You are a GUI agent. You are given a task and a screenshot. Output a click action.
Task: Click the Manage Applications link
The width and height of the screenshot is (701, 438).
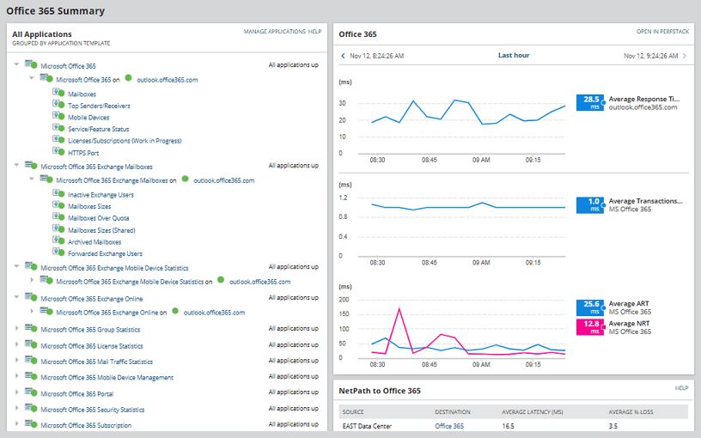[x=274, y=31]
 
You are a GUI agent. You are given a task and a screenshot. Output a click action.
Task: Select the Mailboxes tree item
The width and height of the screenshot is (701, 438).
[x=82, y=94]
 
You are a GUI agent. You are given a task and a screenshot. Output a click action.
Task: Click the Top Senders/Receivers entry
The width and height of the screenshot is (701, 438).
[x=99, y=106]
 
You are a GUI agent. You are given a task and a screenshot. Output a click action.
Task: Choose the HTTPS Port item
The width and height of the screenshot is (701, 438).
[x=83, y=152]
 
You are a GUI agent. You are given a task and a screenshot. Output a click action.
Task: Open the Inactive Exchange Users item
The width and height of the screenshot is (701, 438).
[x=101, y=195]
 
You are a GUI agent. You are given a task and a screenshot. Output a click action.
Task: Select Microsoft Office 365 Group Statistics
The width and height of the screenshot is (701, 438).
[x=90, y=330]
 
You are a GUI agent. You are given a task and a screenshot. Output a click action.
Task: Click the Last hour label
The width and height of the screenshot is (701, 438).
[x=514, y=56]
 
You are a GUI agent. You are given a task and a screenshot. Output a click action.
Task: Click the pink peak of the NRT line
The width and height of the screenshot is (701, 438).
[x=399, y=308]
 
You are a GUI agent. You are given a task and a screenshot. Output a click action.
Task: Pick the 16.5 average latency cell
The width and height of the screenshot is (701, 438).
[x=509, y=425]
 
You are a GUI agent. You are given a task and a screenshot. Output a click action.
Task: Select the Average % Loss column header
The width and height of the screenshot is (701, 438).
[x=631, y=412]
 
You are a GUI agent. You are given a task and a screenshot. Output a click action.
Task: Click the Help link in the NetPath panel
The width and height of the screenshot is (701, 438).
[x=681, y=388]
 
